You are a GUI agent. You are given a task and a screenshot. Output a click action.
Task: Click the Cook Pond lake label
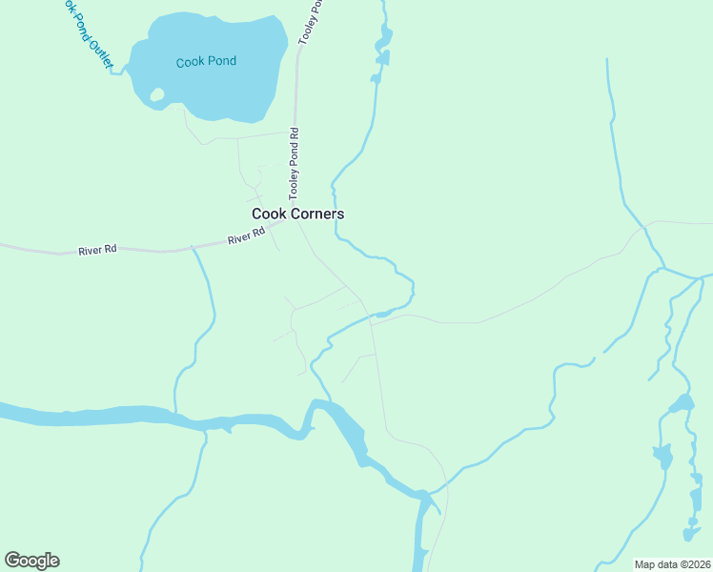(206, 62)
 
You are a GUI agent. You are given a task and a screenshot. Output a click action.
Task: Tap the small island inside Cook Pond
(157, 94)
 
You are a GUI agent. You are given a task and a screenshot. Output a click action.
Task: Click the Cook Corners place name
(297, 214)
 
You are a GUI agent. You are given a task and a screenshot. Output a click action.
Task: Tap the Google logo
(31, 561)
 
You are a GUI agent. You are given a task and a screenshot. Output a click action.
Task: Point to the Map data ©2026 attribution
(672, 564)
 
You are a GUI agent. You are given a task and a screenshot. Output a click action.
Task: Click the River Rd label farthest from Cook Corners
(97, 250)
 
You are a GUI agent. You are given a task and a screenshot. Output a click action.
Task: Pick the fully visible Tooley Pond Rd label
(295, 164)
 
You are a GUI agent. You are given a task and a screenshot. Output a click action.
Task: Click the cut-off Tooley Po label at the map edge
(309, 21)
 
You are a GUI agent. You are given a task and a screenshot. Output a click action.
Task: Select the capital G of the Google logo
(13, 561)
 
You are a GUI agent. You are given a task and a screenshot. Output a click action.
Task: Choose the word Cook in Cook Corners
(267, 214)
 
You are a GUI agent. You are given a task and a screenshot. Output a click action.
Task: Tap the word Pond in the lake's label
(221, 62)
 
